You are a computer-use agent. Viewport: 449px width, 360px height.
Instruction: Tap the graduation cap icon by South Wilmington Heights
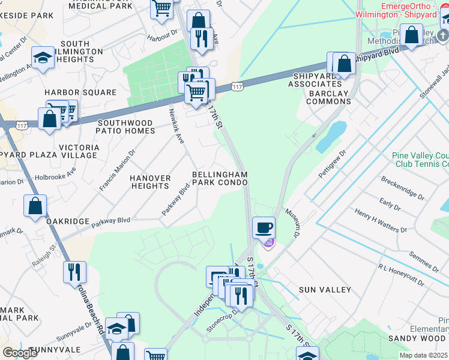pyautogui.click(x=43, y=58)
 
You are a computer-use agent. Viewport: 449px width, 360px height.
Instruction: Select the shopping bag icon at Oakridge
pyautogui.click(x=35, y=206)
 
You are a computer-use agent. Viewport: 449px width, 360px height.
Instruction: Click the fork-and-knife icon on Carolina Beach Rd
pyautogui.click(x=74, y=272)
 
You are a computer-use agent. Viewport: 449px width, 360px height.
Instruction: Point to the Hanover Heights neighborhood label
pyautogui.click(x=150, y=182)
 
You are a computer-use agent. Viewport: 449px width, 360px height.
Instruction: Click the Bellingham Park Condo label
pyautogui.click(x=219, y=178)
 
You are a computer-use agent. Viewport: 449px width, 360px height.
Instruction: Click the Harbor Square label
pyautogui.click(x=80, y=92)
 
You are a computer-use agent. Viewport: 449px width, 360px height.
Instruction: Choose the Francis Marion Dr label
pyautogui.click(x=117, y=171)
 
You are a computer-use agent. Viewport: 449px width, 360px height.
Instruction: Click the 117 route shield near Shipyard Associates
pyautogui.click(x=238, y=87)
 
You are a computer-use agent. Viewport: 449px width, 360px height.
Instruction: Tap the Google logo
pyautogui.click(x=20, y=353)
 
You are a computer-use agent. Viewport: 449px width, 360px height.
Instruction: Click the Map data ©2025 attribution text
pyautogui.click(x=423, y=355)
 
